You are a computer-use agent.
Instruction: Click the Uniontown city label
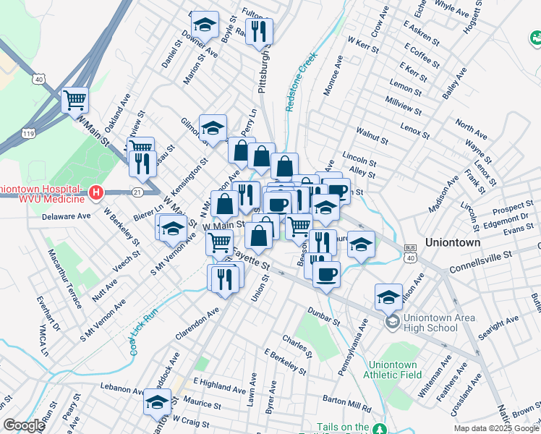(453, 243)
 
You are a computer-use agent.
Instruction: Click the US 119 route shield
(30, 134)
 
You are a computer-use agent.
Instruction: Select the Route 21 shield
(137, 191)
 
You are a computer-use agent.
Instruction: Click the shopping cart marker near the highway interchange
(74, 101)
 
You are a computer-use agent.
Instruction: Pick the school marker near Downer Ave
(205, 25)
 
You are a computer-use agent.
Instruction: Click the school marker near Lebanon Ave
(156, 403)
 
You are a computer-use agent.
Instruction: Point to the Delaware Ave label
(66, 216)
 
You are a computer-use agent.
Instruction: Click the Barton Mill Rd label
(347, 399)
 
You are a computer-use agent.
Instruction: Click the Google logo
(24, 425)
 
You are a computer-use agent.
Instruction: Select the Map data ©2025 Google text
(495, 427)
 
